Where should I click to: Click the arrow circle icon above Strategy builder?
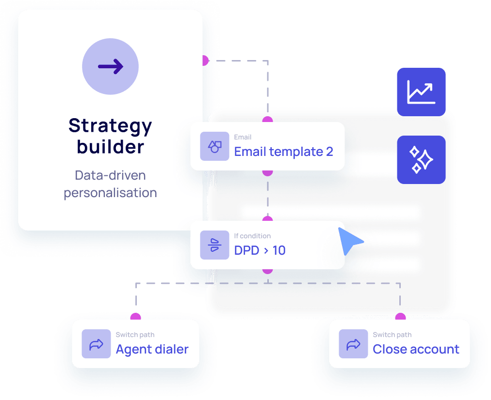click(x=110, y=67)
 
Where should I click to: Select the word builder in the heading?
click(x=110, y=147)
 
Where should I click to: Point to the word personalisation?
click(x=110, y=193)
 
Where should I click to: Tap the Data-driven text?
click(x=110, y=175)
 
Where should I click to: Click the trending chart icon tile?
click(x=421, y=92)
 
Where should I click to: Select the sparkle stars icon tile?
click(x=421, y=160)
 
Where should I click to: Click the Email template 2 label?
click(x=283, y=152)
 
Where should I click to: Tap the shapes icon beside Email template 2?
click(x=214, y=146)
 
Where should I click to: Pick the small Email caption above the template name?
click(x=243, y=138)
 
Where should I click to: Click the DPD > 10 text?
click(x=260, y=250)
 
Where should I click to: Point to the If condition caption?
click(x=252, y=236)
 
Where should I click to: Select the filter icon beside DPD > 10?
click(x=214, y=245)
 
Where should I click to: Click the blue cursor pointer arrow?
click(x=349, y=240)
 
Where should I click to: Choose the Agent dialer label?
click(x=152, y=349)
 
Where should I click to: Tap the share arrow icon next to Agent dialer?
click(x=96, y=344)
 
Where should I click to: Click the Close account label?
click(x=416, y=349)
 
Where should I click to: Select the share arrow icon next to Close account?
click(x=353, y=344)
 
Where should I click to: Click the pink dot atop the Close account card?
click(x=400, y=317)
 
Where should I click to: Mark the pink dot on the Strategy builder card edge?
click(x=204, y=61)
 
